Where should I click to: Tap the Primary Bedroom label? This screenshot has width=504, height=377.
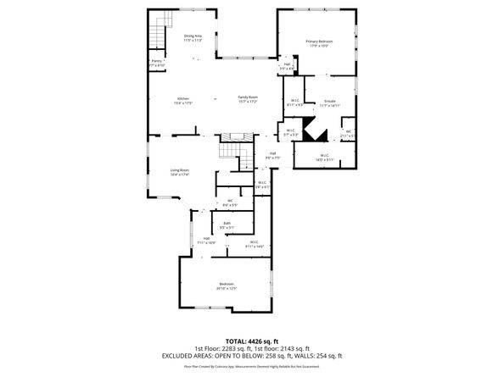click(x=319, y=43)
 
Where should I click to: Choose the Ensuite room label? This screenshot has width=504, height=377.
click(x=330, y=103)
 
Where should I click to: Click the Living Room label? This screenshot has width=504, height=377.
click(x=180, y=173)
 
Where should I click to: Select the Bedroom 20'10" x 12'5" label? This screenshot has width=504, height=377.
click(x=227, y=286)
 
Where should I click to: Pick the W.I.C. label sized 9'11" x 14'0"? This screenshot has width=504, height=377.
click(x=255, y=244)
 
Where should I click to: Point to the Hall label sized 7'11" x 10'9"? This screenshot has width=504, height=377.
click(x=206, y=241)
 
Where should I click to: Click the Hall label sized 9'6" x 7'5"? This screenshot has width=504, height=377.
click(x=272, y=155)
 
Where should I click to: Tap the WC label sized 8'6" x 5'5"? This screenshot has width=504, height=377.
click(x=229, y=202)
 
